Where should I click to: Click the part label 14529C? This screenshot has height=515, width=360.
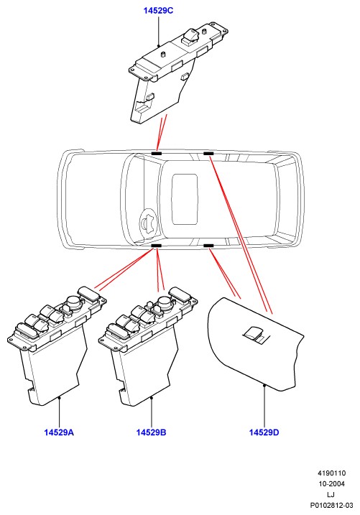158,11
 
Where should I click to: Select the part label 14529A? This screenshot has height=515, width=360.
59,432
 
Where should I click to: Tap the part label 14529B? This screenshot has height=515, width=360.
152,432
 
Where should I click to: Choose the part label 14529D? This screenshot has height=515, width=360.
264,432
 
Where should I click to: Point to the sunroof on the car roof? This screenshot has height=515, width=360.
185,200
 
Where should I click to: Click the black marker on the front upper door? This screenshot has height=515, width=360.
157,154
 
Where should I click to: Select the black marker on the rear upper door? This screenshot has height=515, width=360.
208,154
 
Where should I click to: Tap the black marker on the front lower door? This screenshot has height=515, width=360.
157,246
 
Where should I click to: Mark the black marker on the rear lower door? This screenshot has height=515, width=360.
208,246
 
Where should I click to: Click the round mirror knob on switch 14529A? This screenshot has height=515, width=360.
74,303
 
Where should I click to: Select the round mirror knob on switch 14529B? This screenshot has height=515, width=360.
165,303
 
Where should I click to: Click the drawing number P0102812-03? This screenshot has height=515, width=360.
331,505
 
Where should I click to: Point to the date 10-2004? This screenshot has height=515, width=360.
331,484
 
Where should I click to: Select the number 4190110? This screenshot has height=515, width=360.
331,473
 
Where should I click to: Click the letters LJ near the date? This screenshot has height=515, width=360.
331,495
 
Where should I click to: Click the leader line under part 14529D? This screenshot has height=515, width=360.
264,406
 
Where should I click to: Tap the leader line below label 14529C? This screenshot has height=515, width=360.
158,31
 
